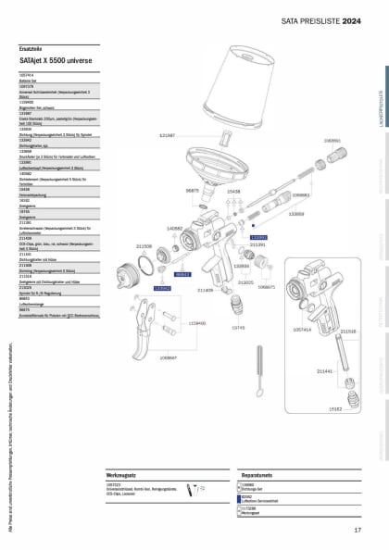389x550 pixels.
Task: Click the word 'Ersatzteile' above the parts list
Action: point(31,47)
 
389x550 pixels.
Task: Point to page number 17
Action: point(358,530)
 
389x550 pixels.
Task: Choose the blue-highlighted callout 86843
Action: point(183,274)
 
